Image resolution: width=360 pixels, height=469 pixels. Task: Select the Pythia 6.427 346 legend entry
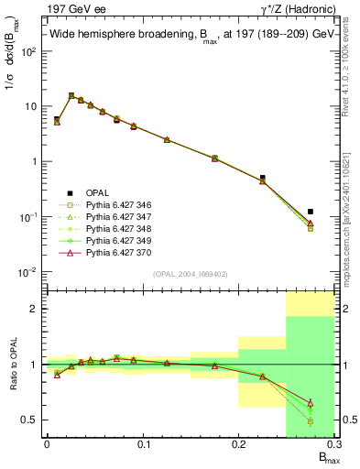[118, 204]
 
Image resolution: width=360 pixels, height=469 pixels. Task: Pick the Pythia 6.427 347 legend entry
[118, 216]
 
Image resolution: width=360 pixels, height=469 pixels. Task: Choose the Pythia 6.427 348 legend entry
[118, 228]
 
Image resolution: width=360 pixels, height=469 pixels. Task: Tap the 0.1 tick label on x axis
[143, 445]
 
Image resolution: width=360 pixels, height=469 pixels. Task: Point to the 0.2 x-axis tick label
[238, 445]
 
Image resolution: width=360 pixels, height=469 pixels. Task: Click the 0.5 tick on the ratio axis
[33, 420]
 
